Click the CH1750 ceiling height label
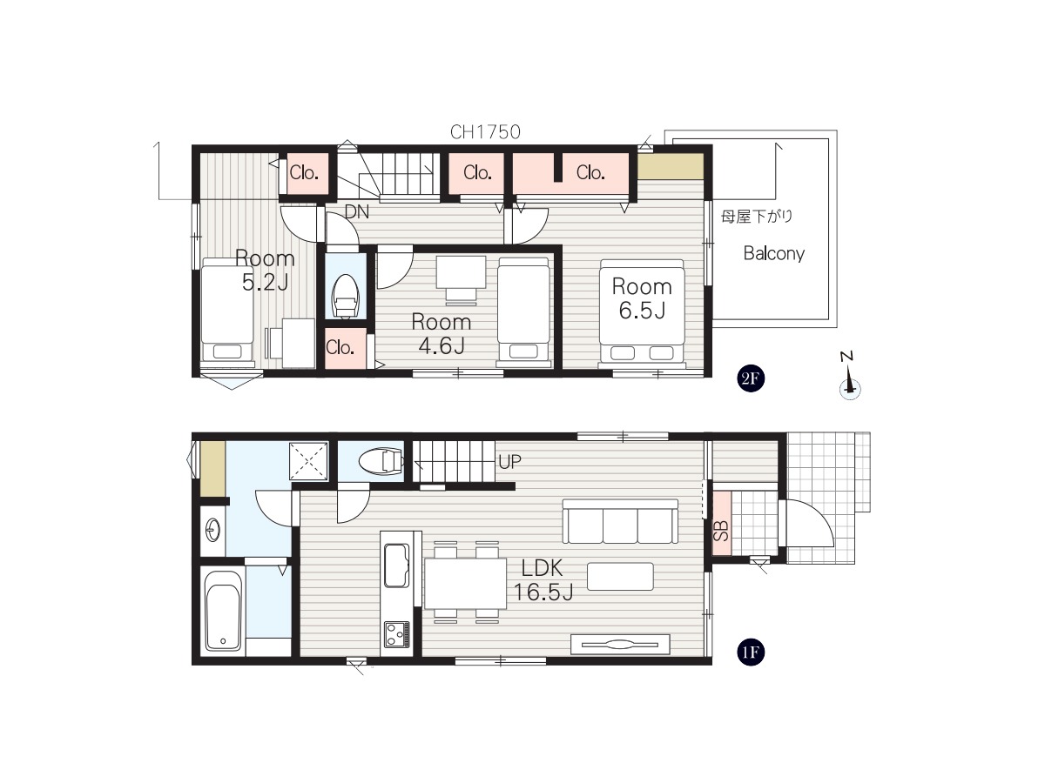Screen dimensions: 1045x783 coord(485,132)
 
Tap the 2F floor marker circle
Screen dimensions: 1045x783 coord(750,378)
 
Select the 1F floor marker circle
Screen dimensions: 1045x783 coord(750,652)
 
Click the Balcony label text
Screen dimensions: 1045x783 coord(773,253)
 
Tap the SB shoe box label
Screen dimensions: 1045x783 coord(721,531)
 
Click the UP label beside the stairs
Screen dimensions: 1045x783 coord(510,461)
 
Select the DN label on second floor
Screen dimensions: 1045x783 coord(356,212)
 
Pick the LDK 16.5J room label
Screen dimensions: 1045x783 coord(543,580)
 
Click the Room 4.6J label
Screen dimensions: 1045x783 coord(442,334)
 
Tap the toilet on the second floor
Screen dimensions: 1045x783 coord(346,296)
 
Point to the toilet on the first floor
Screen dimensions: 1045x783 coord(381,461)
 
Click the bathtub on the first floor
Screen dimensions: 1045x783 coord(223,611)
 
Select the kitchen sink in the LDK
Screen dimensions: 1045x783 coord(396,565)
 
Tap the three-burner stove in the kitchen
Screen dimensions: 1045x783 coord(396,633)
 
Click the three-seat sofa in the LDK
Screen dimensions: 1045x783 coord(620,521)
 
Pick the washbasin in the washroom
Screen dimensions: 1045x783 coord(212,531)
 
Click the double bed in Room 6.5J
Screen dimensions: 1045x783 coord(642,313)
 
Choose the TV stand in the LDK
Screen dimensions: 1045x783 coord(620,645)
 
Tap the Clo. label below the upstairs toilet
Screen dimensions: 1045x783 coord(340,347)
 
